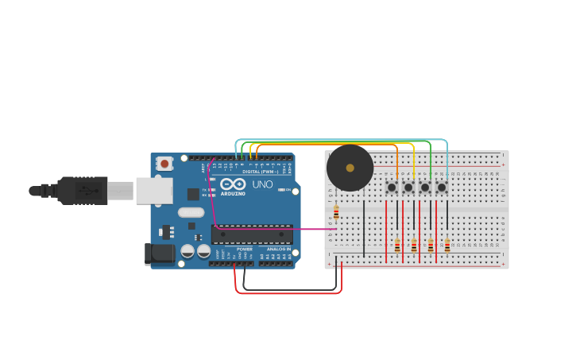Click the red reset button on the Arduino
click(164, 164)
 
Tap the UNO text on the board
click(262, 184)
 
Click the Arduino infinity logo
click(233, 184)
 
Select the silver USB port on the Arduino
click(153, 191)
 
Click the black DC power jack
click(159, 254)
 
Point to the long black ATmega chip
click(252, 234)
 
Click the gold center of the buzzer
click(350, 168)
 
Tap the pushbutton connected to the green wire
click(425, 188)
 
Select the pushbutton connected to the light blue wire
click(442, 188)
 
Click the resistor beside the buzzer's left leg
click(336, 212)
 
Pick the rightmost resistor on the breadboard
click(447, 245)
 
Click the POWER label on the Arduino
click(245, 249)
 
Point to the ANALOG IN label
click(277, 249)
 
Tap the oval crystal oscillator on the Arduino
click(191, 212)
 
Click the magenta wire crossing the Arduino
click(270, 229)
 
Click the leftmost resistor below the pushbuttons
click(397, 245)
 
